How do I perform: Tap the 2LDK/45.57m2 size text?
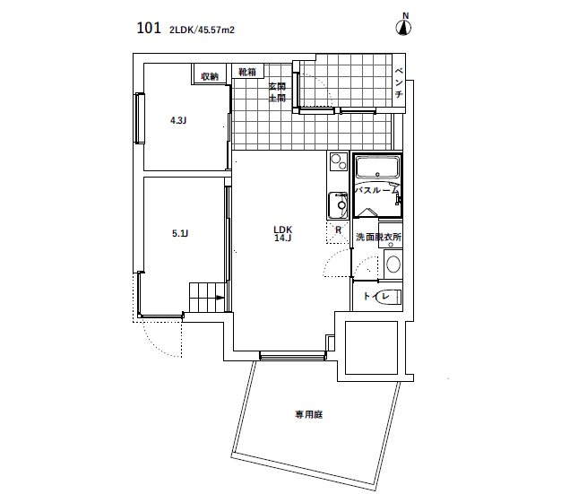pos(203,29)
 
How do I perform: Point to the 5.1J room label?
pos(180,234)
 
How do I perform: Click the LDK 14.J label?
pos(284,233)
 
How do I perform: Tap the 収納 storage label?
pos(210,76)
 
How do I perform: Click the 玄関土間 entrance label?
pos(277,92)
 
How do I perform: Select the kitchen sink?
pos(338,205)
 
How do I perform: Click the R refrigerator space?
pos(338,230)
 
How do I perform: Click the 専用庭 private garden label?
pos(308,414)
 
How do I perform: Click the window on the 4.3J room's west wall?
pos(138,117)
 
